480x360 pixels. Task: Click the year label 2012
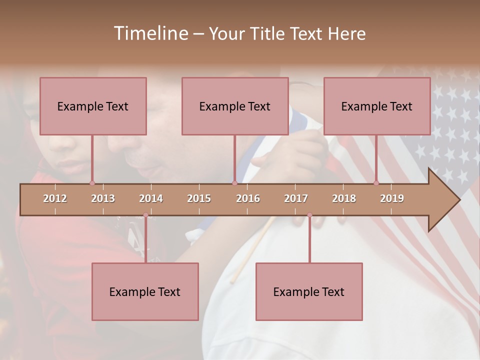[x=55, y=198]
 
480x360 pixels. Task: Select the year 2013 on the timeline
[x=103, y=198]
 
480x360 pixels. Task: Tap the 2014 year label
[x=151, y=198]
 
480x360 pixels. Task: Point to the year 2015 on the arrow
[x=199, y=198]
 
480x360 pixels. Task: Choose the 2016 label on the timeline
[x=248, y=198]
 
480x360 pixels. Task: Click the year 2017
[x=296, y=198]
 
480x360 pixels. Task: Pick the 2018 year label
[x=344, y=198]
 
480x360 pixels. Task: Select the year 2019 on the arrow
[x=392, y=198]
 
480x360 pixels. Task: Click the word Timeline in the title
[x=150, y=33]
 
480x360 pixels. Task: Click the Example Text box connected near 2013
[x=93, y=106]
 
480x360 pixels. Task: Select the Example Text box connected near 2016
[x=235, y=106]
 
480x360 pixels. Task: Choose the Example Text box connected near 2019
[x=377, y=106]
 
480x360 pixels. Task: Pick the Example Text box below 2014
[x=145, y=291]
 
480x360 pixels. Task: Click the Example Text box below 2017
[x=309, y=291]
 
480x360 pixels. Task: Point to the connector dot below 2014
[x=145, y=215]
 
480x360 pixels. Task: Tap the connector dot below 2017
[x=309, y=215]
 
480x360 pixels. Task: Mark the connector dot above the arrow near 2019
[x=376, y=183]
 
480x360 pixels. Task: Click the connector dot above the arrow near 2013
[x=92, y=183]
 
